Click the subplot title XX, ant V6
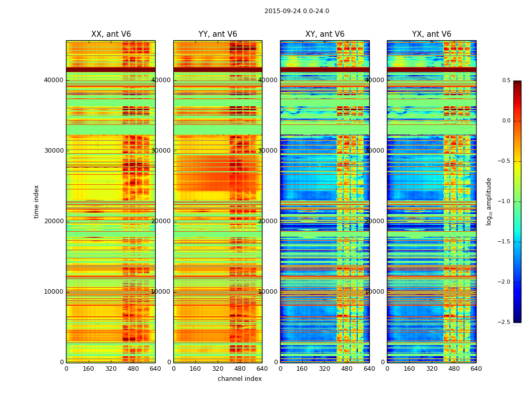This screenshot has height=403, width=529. pos(111,34)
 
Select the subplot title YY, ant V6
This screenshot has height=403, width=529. pos(218,34)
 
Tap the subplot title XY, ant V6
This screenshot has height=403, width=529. pos(325,34)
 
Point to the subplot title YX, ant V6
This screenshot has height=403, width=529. pos(432,34)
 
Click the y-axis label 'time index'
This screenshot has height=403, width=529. pos(36,201)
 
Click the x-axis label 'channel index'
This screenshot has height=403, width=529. pos(240,379)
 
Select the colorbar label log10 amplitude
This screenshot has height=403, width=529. pos(489,201)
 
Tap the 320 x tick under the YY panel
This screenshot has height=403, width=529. pos(218,368)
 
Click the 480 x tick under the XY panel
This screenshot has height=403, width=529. pos(347,368)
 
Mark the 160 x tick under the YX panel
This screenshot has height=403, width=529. pos(410,368)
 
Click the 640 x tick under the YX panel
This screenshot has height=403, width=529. pos(476,368)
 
